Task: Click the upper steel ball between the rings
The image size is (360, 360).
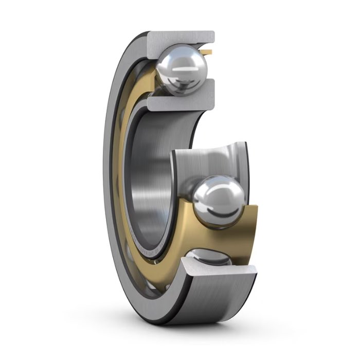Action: (182, 70)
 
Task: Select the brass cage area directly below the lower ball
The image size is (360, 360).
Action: (216, 234)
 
